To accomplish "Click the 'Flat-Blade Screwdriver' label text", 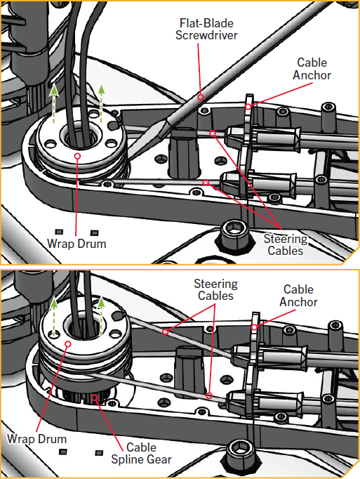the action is [x=206, y=29].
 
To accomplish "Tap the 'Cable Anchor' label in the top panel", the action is [x=312, y=69].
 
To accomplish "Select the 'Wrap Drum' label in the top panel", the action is [x=76, y=244].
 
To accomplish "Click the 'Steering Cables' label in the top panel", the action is [x=286, y=244].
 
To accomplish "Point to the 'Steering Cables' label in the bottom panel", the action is [x=216, y=289].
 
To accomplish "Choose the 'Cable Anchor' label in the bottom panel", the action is [x=298, y=296].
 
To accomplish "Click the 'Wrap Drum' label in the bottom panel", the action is [x=36, y=439].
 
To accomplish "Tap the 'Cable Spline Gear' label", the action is [x=141, y=453].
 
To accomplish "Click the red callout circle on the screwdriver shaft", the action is [x=200, y=98].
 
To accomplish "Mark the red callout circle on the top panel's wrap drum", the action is [x=78, y=156].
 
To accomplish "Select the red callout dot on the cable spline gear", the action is [x=95, y=398].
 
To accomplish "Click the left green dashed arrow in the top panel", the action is [x=54, y=103].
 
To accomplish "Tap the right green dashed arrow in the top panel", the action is [x=101, y=103].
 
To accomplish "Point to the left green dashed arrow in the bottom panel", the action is [x=54, y=317].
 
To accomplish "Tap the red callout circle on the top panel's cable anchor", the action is [x=248, y=107].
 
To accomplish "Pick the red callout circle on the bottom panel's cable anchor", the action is [x=254, y=327].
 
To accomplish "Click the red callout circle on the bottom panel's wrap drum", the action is [x=68, y=344].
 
